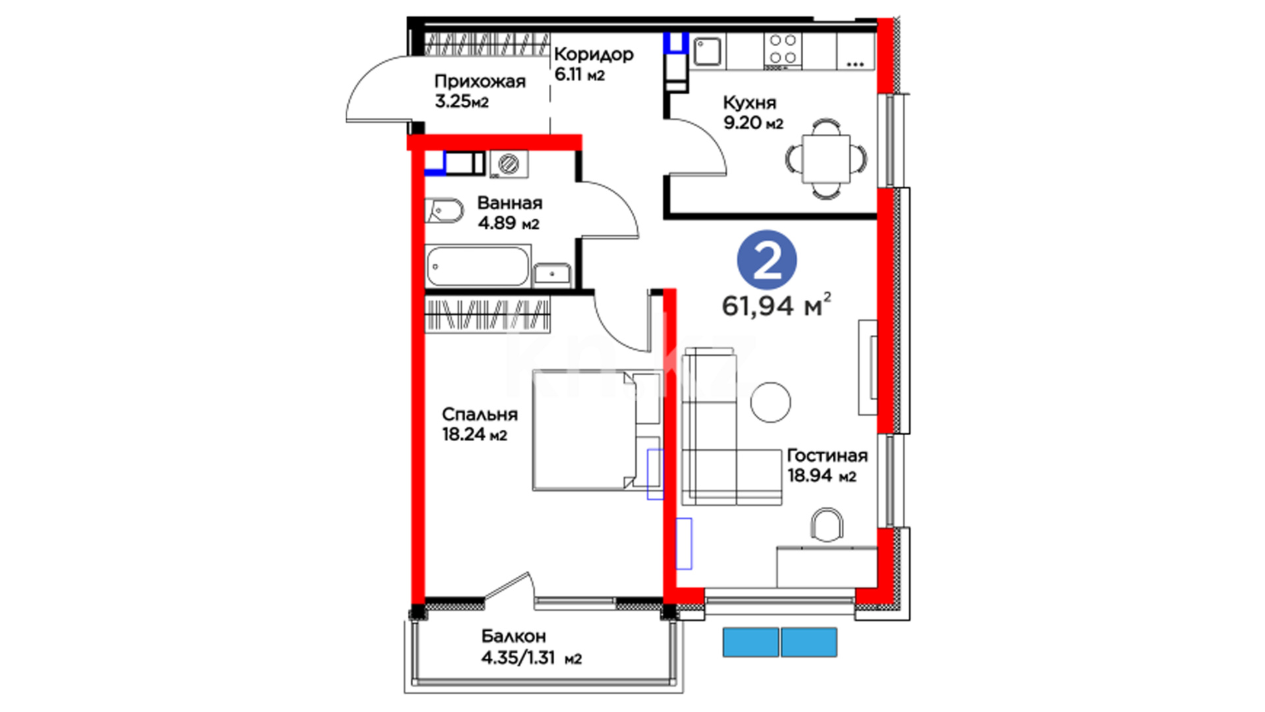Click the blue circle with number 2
point(766,260)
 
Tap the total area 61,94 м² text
point(776,305)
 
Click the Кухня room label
point(749,103)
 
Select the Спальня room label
point(480,415)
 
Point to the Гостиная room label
point(828,456)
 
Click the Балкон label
point(513,636)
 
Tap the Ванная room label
point(510,203)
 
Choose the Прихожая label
point(480,82)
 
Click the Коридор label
point(594,55)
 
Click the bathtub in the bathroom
point(478,266)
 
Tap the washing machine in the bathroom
point(509,164)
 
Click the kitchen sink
point(707,52)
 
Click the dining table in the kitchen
point(826,159)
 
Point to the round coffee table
point(771,402)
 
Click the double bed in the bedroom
point(596,430)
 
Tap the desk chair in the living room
point(827,525)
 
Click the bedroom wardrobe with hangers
point(488,314)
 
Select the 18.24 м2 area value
point(474,434)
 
